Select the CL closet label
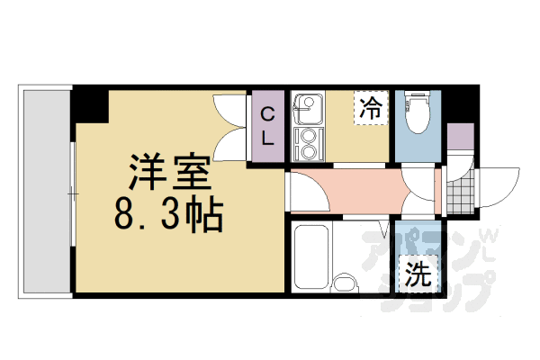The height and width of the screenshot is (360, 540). pyautogui.click(x=268, y=126)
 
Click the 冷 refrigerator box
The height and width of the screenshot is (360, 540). pyautogui.click(x=370, y=109)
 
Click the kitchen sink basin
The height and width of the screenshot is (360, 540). pyautogui.click(x=308, y=110)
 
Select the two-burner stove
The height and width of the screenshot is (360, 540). pyautogui.click(x=309, y=143)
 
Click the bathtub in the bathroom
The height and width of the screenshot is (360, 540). pyautogui.click(x=311, y=256)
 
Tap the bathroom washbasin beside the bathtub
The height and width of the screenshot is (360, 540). pyautogui.click(x=346, y=285)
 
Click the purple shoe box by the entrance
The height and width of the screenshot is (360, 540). pyautogui.click(x=459, y=137)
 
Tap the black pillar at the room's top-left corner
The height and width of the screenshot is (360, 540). pyautogui.click(x=91, y=104)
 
